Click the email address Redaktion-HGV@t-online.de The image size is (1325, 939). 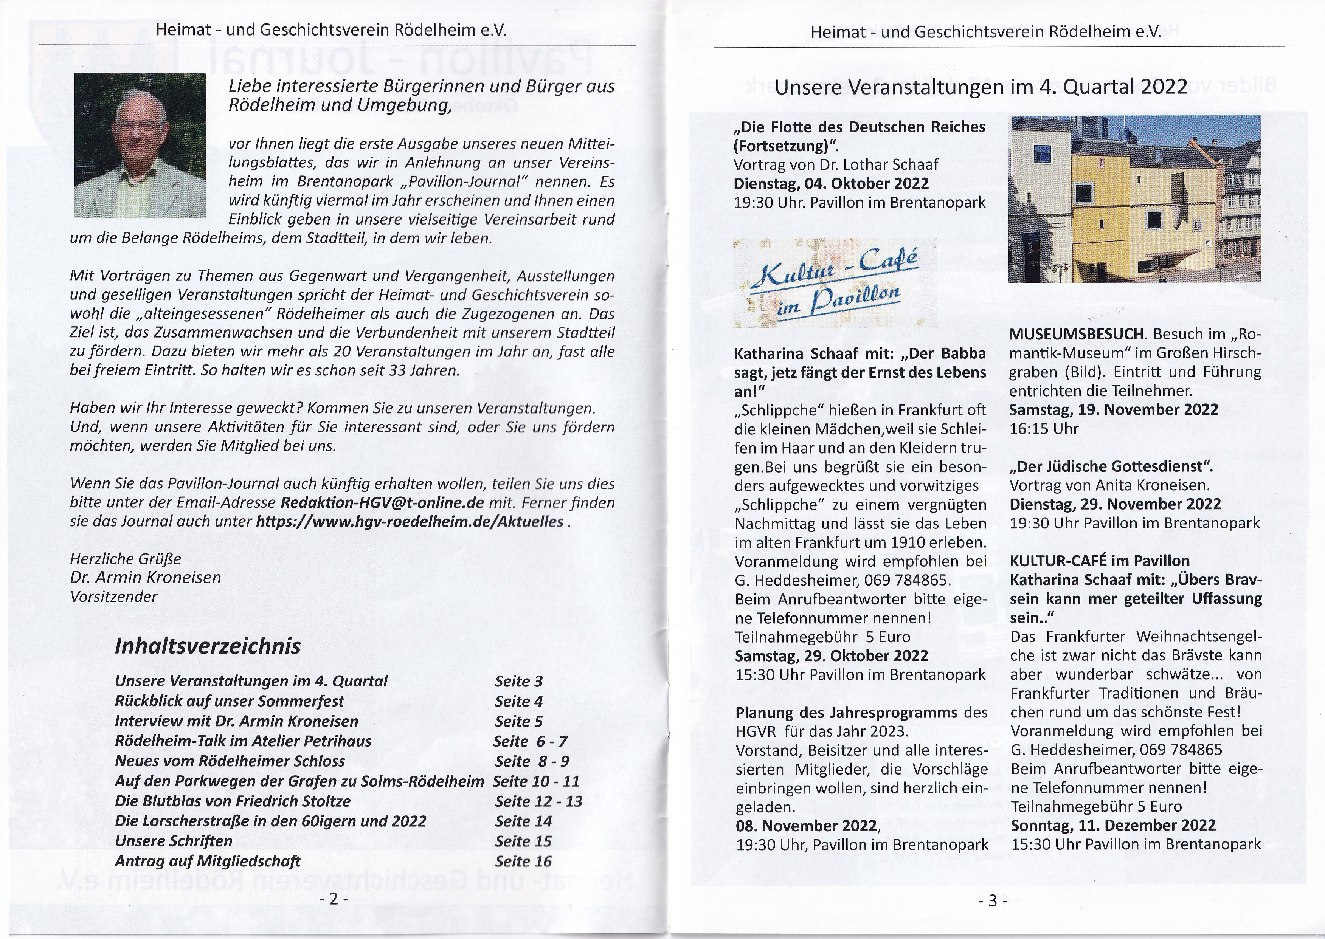[382, 502]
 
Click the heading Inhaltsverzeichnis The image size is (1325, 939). [208, 646]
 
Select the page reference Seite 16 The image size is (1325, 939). [523, 861]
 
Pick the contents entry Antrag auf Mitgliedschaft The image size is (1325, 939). [208, 861]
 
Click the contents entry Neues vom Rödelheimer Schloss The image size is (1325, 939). [230, 761]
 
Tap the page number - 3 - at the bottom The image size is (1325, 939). [993, 900]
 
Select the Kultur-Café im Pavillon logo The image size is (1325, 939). [835, 283]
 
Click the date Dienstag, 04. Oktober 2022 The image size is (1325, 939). [831, 183]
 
